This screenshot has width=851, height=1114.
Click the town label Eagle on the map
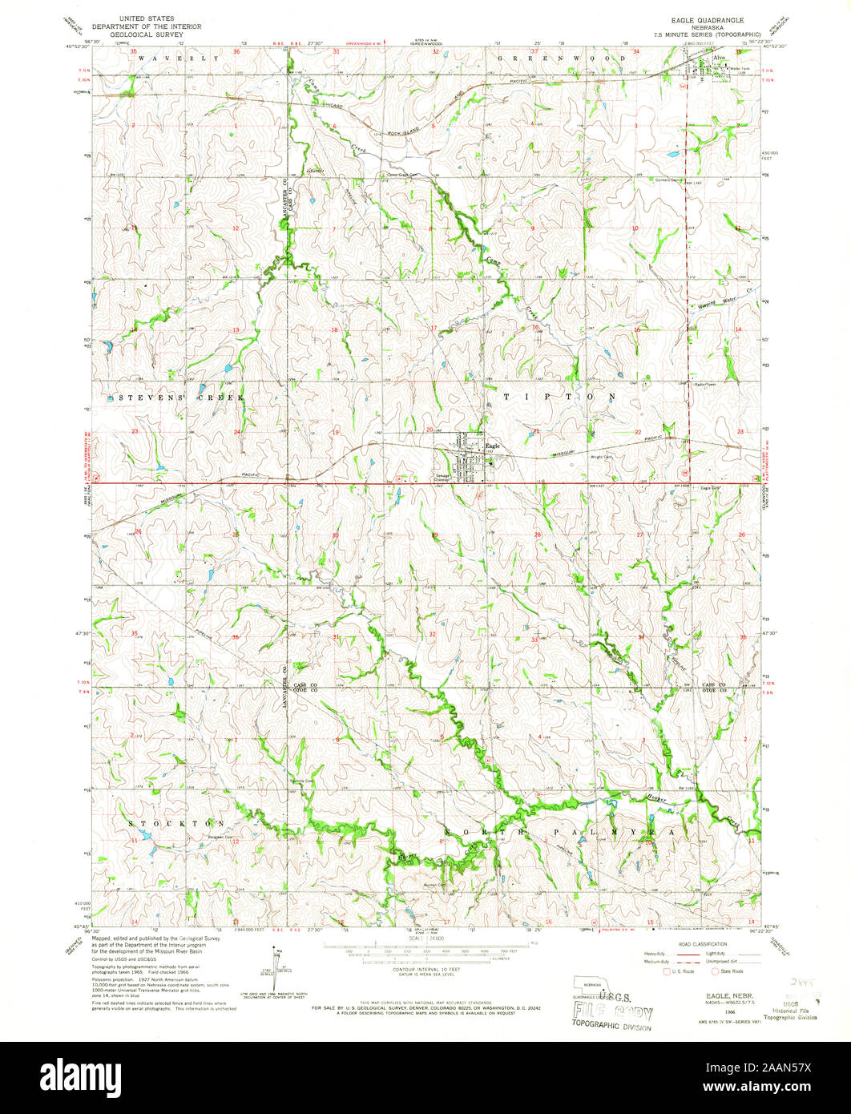493,446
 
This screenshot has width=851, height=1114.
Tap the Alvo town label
719,59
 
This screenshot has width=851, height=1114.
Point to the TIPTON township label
559,397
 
